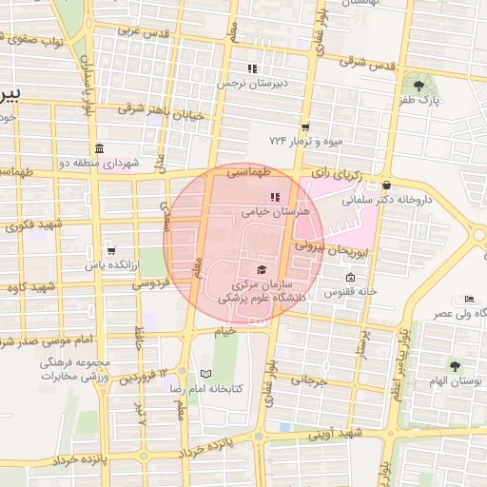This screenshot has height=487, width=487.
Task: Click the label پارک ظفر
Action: (x=421, y=101)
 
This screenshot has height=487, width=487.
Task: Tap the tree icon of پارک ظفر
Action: (x=419, y=86)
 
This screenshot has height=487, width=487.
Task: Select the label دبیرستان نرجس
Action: (x=251, y=84)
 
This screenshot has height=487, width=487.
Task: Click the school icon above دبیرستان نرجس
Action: (x=252, y=68)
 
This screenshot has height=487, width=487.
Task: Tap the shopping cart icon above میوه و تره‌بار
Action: (x=304, y=127)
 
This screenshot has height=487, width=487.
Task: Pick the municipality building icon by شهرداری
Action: (x=100, y=148)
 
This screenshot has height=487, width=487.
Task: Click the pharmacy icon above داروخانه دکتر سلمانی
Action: (x=385, y=185)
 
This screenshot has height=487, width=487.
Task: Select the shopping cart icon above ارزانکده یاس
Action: (x=111, y=252)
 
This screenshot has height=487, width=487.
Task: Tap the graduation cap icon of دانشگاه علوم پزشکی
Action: (x=262, y=270)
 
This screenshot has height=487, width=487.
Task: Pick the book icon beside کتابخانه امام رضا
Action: (x=205, y=375)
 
